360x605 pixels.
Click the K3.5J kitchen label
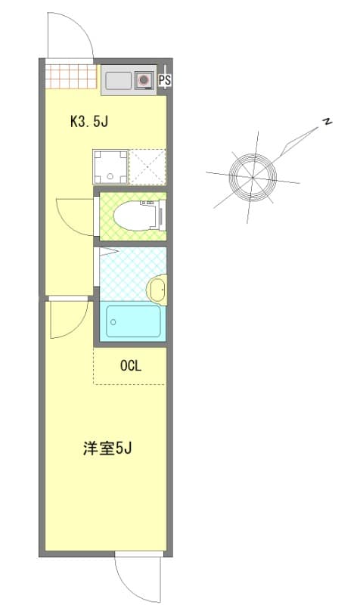92,120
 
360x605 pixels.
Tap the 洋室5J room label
108,448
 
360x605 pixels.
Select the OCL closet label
131,366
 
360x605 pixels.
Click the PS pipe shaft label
165,79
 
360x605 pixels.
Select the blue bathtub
133,321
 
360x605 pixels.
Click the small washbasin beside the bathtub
157,289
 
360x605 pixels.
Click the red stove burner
144,79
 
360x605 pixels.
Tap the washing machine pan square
110,166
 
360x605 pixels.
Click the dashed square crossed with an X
147,166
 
